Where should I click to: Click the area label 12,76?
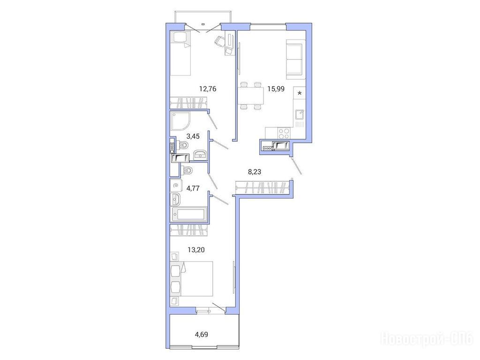pyautogui.click(x=208, y=89)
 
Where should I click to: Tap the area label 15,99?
pyautogui.click(x=276, y=89)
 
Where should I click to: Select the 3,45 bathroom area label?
pyautogui.click(x=193, y=136)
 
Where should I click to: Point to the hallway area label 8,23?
pyautogui.click(x=255, y=172)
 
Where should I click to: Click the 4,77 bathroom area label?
pyautogui.click(x=193, y=188)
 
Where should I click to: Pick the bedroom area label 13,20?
pyautogui.click(x=196, y=250)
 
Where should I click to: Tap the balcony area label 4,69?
pyautogui.click(x=202, y=334)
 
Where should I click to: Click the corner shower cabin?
pyautogui.click(x=180, y=120)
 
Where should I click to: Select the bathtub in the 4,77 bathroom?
pyautogui.click(x=189, y=214)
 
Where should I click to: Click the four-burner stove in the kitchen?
pyautogui.click(x=284, y=133)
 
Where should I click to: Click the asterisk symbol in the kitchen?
pyautogui.click(x=300, y=93)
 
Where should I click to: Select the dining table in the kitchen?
pyautogui.click(x=251, y=95)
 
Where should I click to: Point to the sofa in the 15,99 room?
pyautogui.click(x=296, y=59)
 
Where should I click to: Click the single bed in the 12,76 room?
pyautogui.click(x=180, y=53)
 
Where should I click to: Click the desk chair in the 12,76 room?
pyautogui.click(x=219, y=41)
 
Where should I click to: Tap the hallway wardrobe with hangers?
pyautogui.click(x=262, y=187)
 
